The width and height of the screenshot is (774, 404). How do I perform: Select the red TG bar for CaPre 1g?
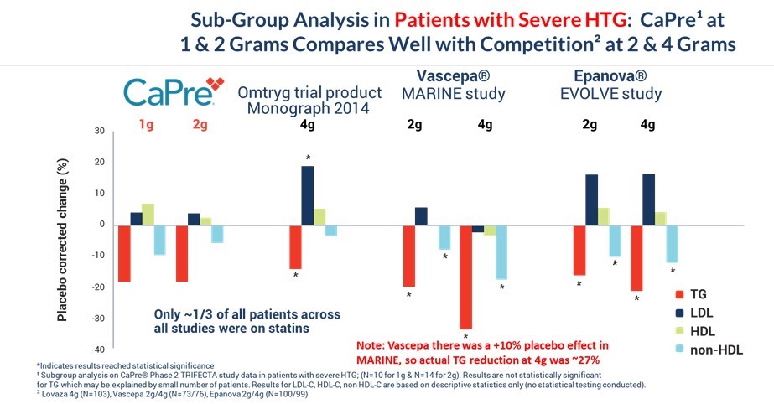pos(124,253)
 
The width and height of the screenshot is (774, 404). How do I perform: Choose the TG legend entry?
pos(699,296)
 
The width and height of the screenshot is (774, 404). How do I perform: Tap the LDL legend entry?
pos(701,313)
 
